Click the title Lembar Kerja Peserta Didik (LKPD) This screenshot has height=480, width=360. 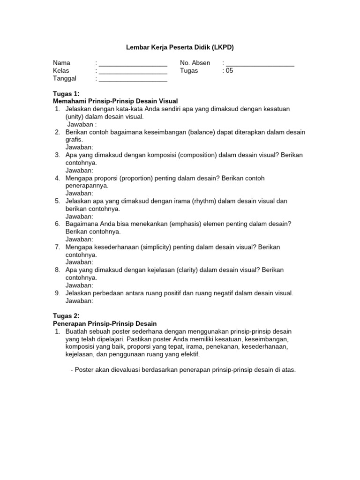(180, 47)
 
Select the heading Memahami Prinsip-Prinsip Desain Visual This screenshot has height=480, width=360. (115, 101)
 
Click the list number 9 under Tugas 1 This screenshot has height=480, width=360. (57, 293)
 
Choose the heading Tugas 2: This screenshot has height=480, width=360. (66, 316)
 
